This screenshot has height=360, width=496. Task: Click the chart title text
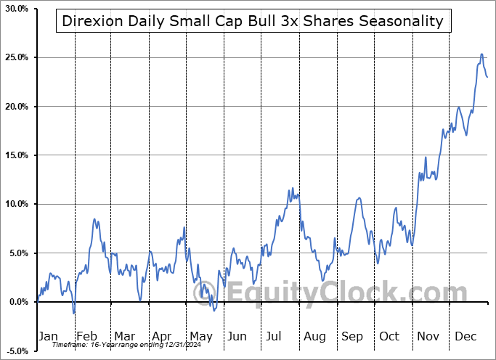[252, 21]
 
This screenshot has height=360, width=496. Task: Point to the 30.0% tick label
[15, 9]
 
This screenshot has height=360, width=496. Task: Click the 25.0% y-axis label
[15, 57]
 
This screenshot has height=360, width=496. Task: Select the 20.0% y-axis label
[15, 107]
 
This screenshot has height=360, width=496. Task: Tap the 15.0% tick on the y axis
[15, 155]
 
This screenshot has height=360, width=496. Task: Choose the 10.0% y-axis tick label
[15, 204]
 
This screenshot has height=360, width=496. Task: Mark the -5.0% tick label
[15, 351]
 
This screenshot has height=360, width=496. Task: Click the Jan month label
[47, 336]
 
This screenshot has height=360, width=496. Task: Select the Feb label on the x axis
[87, 336]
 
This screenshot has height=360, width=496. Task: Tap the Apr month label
[161, 336]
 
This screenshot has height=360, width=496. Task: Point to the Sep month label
[352, 336]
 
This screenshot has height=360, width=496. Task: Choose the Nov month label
[428, 336]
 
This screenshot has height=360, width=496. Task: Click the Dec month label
[465, 336]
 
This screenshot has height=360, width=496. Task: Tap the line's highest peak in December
[481, 54]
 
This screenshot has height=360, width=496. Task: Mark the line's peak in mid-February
[94, 219]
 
